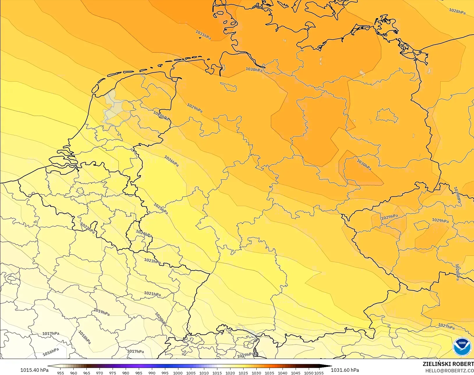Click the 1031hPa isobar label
pos(203,35)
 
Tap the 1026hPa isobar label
pos(171,161)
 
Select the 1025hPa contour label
pos(161,209)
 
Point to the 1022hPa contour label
pos(88,228)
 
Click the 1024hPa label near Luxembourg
pos(144,234)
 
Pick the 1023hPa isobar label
pos(152,261)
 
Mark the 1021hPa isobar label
pos(152,294)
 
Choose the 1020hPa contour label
pos(161,319)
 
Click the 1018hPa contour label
pos(85,337)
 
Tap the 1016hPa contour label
pos(51,352)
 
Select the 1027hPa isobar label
pos(446,326)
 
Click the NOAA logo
pos(462,346)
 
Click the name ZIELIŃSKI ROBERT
pos(448,364)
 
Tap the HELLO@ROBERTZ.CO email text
pos(450,371)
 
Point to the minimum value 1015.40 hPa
pos(34,370)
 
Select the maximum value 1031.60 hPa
pos(345,370)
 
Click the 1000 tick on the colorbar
pos(178,373)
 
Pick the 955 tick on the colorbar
pos(61,373)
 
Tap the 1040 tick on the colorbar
pos(282,373)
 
